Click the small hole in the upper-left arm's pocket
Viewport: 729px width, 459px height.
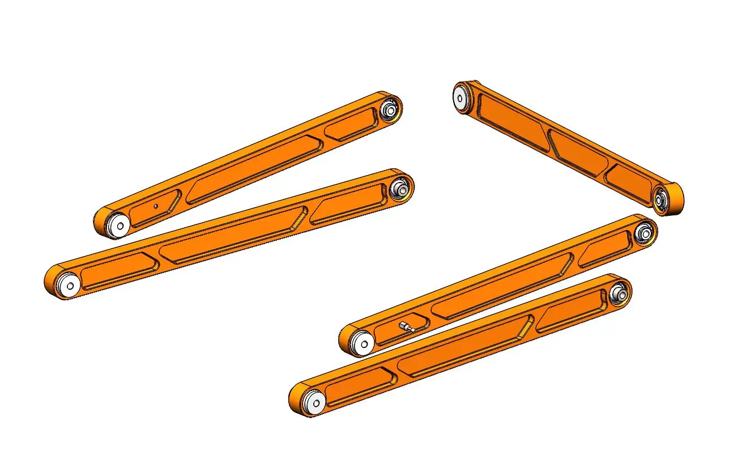(x=155, y=206)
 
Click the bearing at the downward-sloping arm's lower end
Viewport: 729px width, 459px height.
(x=660, y=199)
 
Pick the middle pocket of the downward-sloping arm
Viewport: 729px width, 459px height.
(x=577, y=151)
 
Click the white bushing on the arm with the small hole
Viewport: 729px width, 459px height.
(x=119, y=225)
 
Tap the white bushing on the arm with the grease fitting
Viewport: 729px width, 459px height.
(x=360, y=342)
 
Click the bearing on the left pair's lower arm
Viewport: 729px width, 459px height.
(x=400, y=188)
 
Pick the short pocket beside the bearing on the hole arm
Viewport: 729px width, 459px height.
(x=351, y=124)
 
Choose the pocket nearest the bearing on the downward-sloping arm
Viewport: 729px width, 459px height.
(x=628, y=180)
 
